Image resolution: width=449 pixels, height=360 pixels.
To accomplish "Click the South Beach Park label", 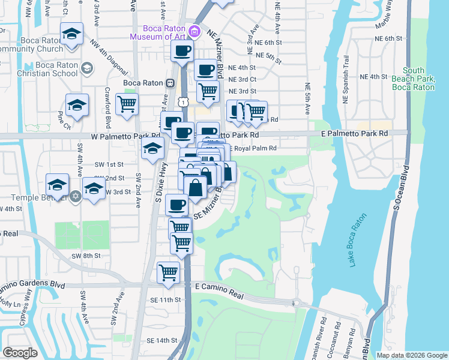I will pyautogui.click(x=413, y=79).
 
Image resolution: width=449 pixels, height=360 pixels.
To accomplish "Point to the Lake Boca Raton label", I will pyautogui.click(x=358, y=243).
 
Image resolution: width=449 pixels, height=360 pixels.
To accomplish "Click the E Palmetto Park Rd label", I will pyautogui.click(x=355, y=133).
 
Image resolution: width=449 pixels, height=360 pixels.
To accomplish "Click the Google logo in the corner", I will pyautogui.click(x=20, y=353).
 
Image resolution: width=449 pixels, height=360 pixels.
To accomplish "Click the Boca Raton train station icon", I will pyautogui.click(x=171, y=83).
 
